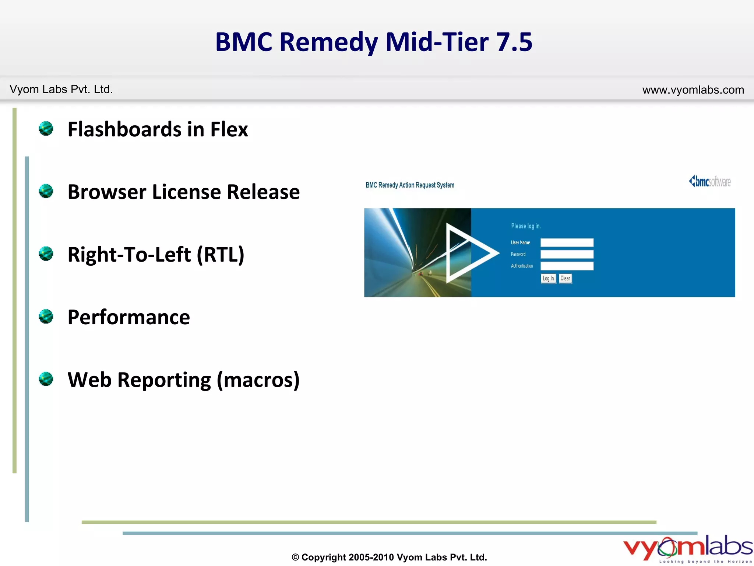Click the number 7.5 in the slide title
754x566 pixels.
(514, 42)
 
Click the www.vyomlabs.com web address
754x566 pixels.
(693, 90)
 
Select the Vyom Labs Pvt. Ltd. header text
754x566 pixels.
(61, 89)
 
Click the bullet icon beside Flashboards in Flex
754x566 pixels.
(46, 129)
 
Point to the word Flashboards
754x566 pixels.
(124, 129)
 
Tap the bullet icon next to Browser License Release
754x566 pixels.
(46, 191)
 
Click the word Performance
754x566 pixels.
(128, 317)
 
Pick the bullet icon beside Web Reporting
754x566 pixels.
(46, 379)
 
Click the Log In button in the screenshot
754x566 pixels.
(548, 279)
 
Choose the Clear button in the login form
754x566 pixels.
(565, 279)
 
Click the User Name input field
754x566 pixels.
(567, 242)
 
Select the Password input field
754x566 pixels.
(567, 254)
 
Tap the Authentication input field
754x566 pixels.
(567, 266)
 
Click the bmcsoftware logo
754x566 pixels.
(710, 182)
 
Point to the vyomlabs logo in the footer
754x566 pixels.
(687, 548)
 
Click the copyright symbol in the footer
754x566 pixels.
(295, 558)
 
